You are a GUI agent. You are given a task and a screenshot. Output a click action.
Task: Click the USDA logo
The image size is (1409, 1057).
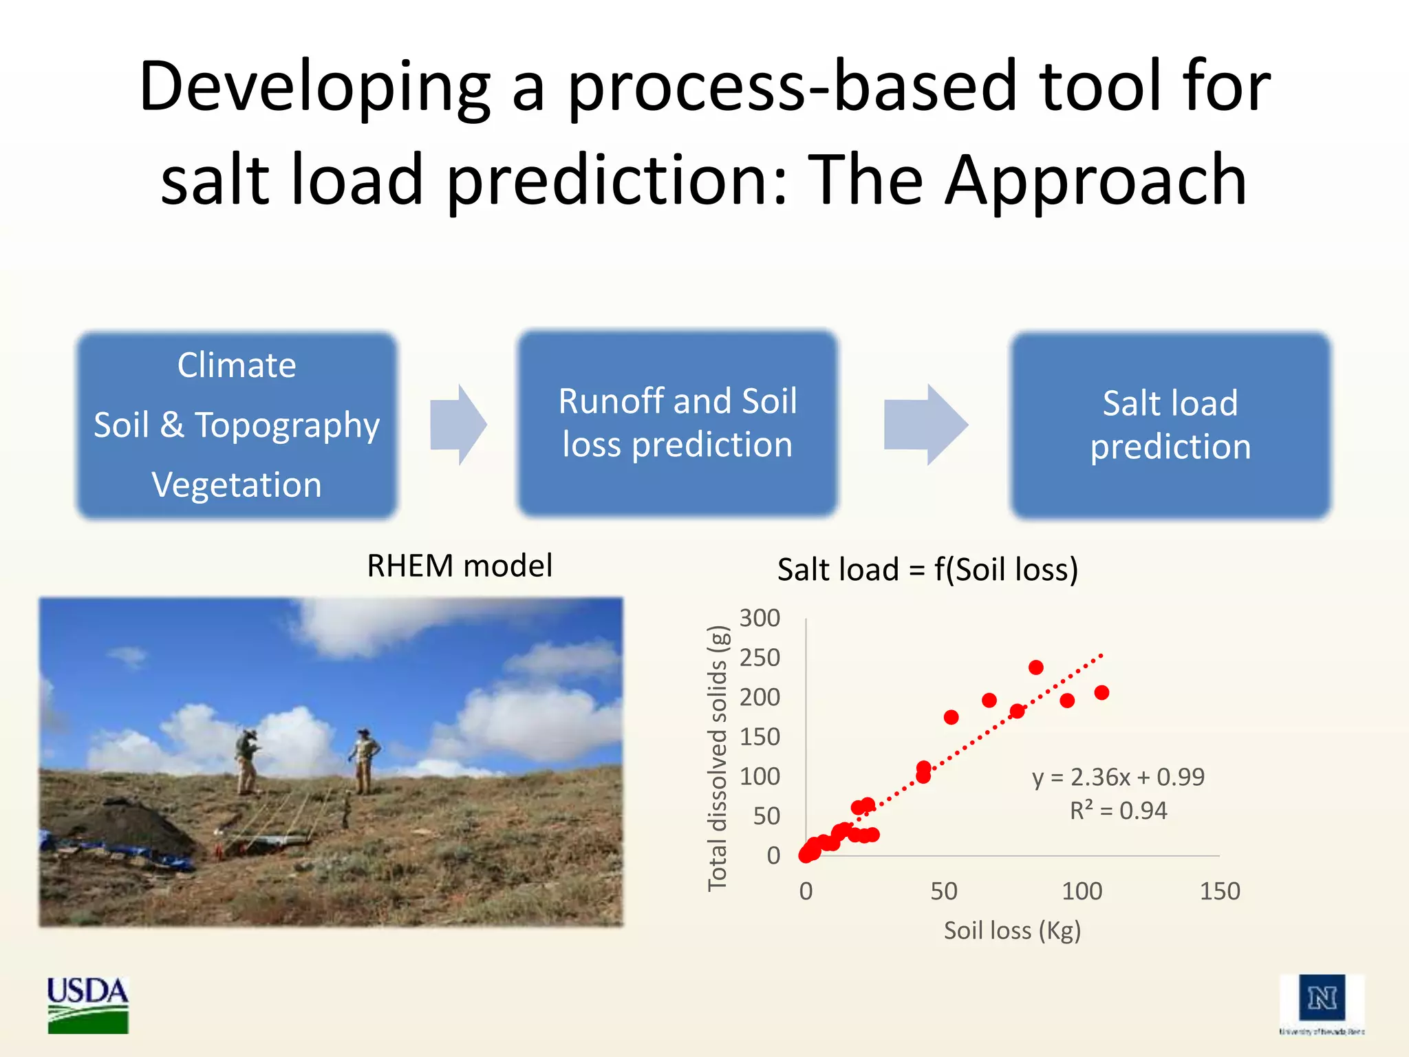(x=87, y=1004)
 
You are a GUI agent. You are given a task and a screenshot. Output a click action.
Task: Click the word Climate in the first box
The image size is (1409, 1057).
(x=237, y=365)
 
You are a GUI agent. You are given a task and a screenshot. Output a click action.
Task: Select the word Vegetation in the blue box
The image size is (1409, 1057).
(x=237, y=484)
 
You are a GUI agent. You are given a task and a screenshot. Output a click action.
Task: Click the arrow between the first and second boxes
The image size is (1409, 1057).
(x=458, y=425)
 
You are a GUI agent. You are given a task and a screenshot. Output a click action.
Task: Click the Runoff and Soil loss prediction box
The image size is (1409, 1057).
(x=678, y=423)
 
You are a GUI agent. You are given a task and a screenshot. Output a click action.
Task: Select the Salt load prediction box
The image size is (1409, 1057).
(x=1170, y=425)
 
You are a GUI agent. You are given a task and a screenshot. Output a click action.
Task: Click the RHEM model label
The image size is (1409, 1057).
(x=460, y=566)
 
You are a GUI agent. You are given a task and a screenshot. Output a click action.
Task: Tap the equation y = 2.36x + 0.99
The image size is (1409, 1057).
(x=1118, y=777)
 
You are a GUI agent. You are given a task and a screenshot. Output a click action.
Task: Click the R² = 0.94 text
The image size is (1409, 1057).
(x=1118, y=811)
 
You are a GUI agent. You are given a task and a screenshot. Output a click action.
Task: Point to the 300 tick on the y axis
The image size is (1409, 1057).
(x=760, y=618)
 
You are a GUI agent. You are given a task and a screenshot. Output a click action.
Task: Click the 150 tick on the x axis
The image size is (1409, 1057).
(x=1219, y=891)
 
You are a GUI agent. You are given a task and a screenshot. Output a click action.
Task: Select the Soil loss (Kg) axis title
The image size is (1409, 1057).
(x=1012, y=930)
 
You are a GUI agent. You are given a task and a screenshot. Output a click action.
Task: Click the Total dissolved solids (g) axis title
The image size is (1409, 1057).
(x=717, y=758)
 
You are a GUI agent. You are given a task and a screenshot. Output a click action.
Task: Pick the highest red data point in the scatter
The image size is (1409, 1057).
(x=1036, y=667)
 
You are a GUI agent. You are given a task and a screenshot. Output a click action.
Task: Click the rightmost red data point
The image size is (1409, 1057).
(x=1101, y=692)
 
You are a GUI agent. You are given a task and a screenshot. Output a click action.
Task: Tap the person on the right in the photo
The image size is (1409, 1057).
(x=364, y=760)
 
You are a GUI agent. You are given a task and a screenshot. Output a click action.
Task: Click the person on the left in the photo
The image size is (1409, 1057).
(x=246, y=760)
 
